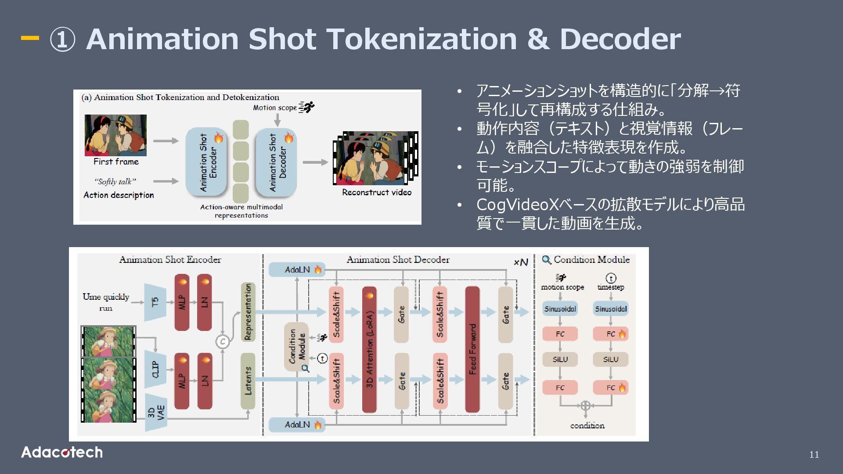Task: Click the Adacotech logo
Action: [x=62, y=452]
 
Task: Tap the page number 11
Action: [x=814, y=455]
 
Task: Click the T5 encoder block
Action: [x=155, y=302]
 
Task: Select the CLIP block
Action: [x=155, y=369]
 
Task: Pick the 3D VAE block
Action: [x=155, y=413]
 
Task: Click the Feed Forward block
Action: [x=472, y=349]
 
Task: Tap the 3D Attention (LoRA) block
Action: [x=369, y=349]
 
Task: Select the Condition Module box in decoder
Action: [x=296, y=347]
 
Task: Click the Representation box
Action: [x=248, y=312]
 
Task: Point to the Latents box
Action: [x=248, y=381]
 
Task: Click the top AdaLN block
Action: [x=297, y=269]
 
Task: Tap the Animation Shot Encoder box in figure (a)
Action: [x=206, y=162]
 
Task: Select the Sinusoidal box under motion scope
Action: [x=560, y=309]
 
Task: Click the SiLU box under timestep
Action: [x=610, y=359]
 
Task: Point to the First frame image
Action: [x=115, y=135]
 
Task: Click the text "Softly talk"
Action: [x=115, y=182]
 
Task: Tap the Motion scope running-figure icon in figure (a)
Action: [x=307, y=107]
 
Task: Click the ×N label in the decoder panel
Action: [x=521, y=262]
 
